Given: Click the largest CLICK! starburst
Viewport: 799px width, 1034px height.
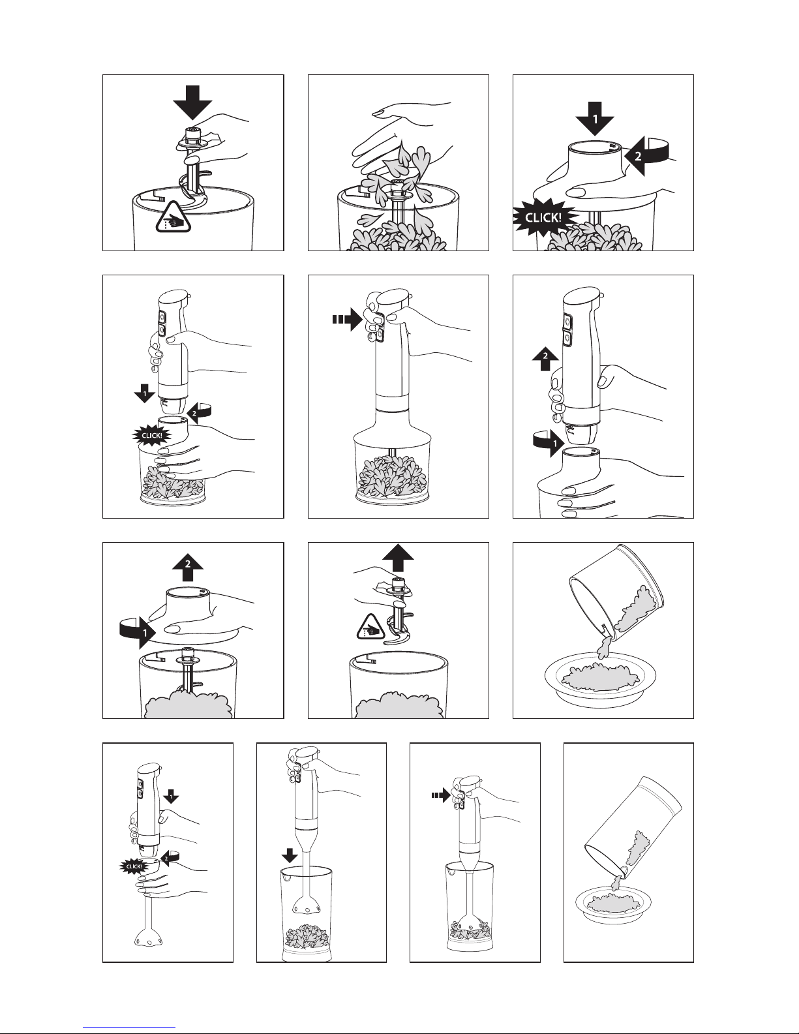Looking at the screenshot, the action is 544,219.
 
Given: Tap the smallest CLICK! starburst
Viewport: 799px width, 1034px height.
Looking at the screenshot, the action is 134,866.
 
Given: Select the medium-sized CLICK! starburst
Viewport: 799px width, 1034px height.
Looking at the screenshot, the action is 151,436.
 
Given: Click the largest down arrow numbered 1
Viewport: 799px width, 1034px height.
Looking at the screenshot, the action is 594,119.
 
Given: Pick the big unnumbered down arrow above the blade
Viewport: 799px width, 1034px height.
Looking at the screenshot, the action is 192,103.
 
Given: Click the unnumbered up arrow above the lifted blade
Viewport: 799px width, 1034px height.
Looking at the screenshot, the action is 398,558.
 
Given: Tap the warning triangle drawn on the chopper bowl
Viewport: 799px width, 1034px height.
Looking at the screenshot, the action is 174,217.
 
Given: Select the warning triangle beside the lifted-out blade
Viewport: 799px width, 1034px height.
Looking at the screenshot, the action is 370,627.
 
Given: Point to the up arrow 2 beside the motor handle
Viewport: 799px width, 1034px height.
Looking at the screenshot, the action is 545,359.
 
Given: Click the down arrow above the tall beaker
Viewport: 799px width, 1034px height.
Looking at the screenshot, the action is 289,856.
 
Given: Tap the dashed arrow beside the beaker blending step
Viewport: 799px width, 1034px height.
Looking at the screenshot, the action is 441,795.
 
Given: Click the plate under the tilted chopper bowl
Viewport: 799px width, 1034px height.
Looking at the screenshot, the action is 600,681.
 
